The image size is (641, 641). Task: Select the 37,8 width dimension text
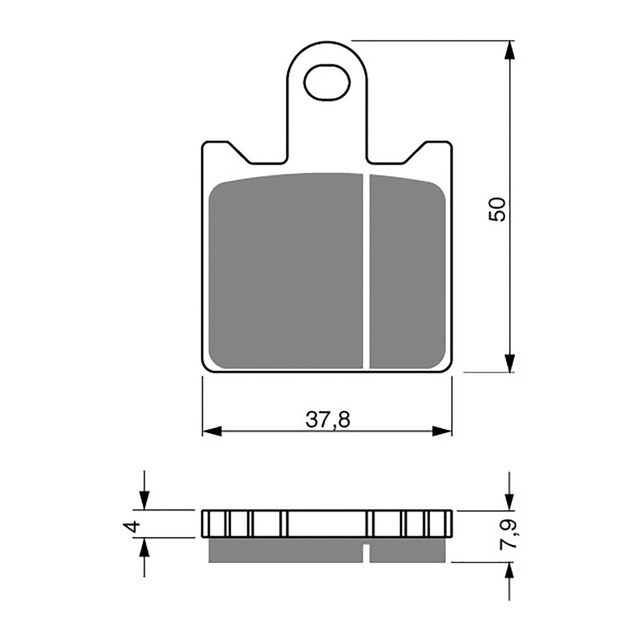[328, 419]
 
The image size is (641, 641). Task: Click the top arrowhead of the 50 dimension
[509, 50]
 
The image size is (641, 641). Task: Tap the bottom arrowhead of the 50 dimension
[509, 363]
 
